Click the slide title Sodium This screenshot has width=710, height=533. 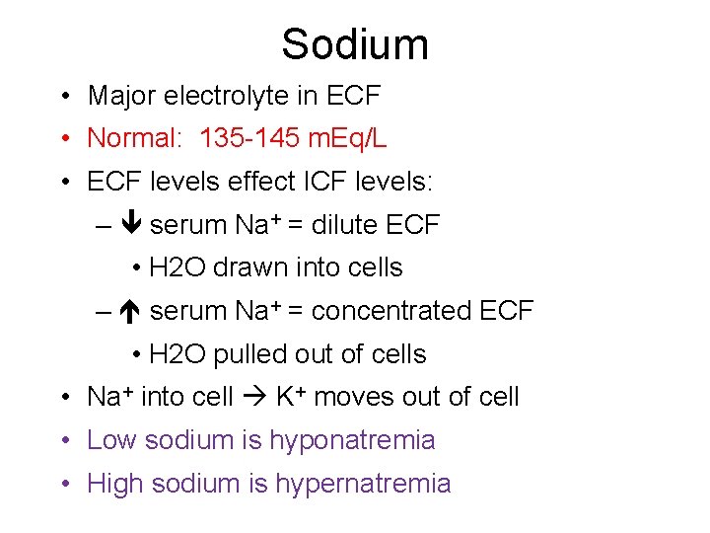tap(354, 44)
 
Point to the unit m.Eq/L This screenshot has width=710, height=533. tap(347, 138)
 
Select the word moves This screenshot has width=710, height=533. tap(352, 397)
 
